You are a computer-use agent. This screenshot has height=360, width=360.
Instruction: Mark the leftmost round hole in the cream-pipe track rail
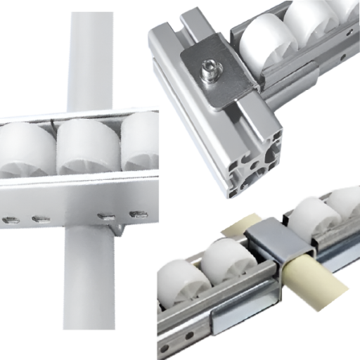pyautogui.click(x=164, y=347)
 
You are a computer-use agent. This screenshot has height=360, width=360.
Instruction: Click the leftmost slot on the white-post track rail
pyautogui.click(x=10, y=220)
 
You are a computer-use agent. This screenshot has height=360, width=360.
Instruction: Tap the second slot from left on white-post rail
pyautogui.click(x=40, y=219)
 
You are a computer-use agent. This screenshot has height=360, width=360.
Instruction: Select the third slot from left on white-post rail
pyautogui.click(x=105, y=216)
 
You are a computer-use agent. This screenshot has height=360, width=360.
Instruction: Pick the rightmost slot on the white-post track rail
pyautogui.click(x=139, y=214)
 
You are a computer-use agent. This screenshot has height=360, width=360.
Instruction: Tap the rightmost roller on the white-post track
pyautogui.click(x=144, y=140)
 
